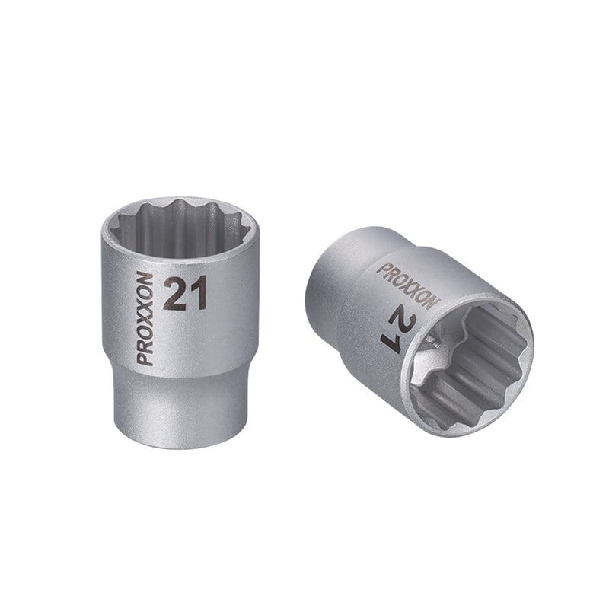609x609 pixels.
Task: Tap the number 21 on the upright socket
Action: pyautogui.click(x=186, y=293)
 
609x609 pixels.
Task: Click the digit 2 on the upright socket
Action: pyautogui.click(x=175, y=293)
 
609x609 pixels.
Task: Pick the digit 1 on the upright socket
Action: pyautogui.click(x=197, y=293)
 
